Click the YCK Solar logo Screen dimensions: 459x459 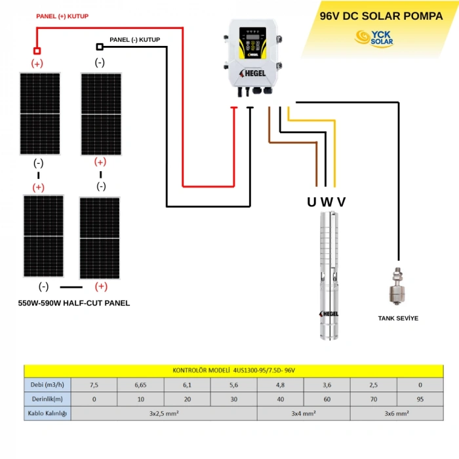(x=374, y=38)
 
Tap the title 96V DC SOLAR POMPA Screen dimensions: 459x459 (x=380, y=16)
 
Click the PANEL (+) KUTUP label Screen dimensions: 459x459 (x=62, y=16)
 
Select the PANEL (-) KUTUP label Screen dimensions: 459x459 (x=134, y=40)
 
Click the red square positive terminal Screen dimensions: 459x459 (x=37, y=50)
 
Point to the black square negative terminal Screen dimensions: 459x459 (x=100, y=47)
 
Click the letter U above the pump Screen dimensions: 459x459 (x=311, y=201)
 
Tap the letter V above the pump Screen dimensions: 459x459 (x=341, y=201)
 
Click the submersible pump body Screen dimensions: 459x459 (x=329, y=275)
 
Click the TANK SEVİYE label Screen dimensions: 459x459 (x=398, y=318)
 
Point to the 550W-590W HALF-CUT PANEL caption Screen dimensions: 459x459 (x=74, y=303)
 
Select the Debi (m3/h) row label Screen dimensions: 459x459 (x=46, y=384)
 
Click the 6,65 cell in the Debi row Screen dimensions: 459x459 (x=140, y=384)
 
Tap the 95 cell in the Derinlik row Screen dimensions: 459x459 (x=420, y=399)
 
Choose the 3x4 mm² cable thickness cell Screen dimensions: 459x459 (x=304, y=414)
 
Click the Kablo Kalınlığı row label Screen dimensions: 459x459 (x=46, y=414)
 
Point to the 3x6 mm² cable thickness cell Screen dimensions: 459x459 (x=397, y=414)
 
